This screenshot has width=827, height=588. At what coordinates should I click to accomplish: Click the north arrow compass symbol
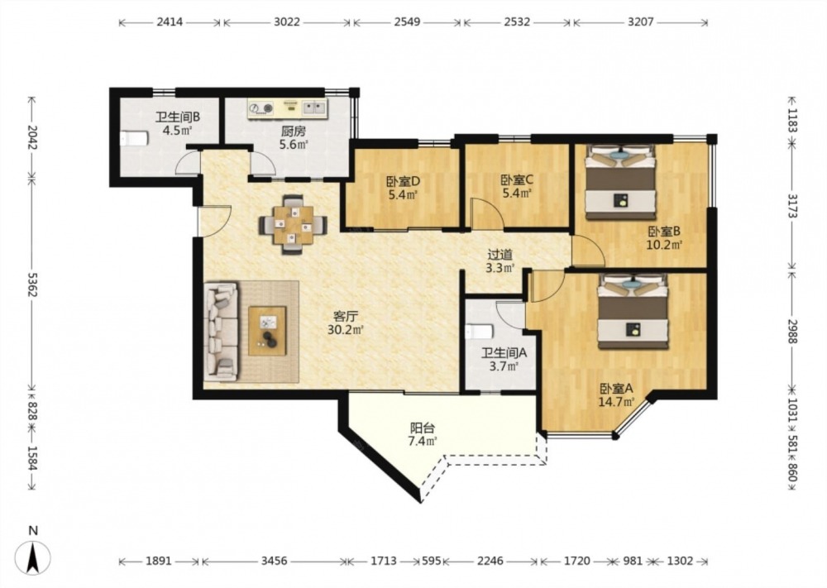[x=33, y=557]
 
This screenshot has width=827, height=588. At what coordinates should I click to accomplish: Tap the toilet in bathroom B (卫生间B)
[x=134, y=139]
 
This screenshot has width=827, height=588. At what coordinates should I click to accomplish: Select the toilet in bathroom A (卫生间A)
[x=479, y=331]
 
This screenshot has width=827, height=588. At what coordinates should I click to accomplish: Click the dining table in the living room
[x=292, y=225]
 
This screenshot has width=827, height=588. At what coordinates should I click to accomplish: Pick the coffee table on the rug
[x=267, y=331]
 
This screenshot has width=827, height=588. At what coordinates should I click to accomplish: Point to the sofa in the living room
[x=221, y=332]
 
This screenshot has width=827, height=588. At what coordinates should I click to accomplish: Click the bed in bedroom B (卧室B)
[x=620, y=183]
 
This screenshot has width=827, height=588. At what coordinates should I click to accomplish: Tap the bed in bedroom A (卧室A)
[x=633, y=312]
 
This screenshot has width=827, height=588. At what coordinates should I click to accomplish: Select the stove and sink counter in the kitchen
[x=288, y=108]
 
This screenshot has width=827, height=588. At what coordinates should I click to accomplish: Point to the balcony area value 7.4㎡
[x=423, y=441]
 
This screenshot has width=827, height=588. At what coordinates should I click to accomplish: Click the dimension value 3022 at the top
[x=287, y=22]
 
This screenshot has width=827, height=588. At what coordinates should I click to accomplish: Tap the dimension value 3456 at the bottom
[x=275, y=561]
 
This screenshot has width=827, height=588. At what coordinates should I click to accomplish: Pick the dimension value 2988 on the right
[x=792, y=331]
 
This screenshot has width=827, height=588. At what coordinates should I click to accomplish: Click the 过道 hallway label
[x=500, y=255]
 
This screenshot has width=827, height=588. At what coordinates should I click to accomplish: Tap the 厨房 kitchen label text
[x=294, y=131]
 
